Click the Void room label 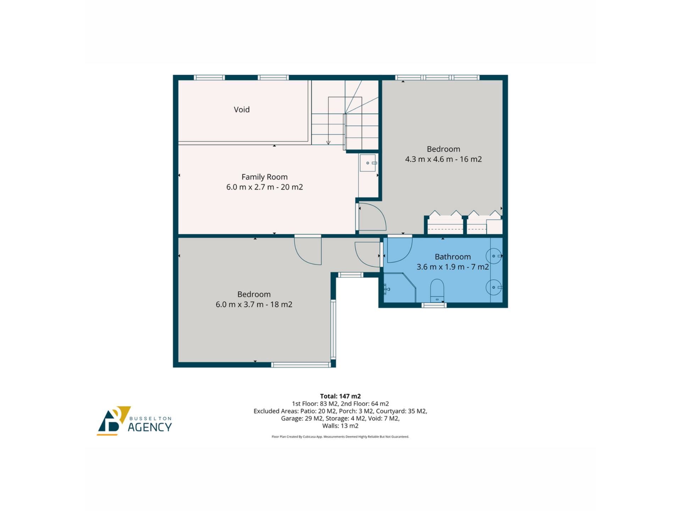(x=242, y=110)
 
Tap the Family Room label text (x=264, y=177)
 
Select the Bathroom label (x=453, y=257)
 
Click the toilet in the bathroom (x=437, y=291)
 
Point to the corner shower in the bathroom (x=400, y=288)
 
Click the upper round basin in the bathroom (x=494, y=256)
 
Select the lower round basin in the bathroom (x=494, y=287)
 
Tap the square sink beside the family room (x=368, y=163)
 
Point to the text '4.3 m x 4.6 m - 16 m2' (x=443, y=159)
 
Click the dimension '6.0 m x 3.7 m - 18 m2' (x=254, y=304)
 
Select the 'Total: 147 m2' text (x=340, y=396)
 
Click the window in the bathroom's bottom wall (x=434, y=305)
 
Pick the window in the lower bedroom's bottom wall (x=301, y=364)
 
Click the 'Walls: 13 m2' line (x=340, y=426)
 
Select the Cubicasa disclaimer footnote (x=340, y=437)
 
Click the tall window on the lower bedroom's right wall (x=333, y=329)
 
